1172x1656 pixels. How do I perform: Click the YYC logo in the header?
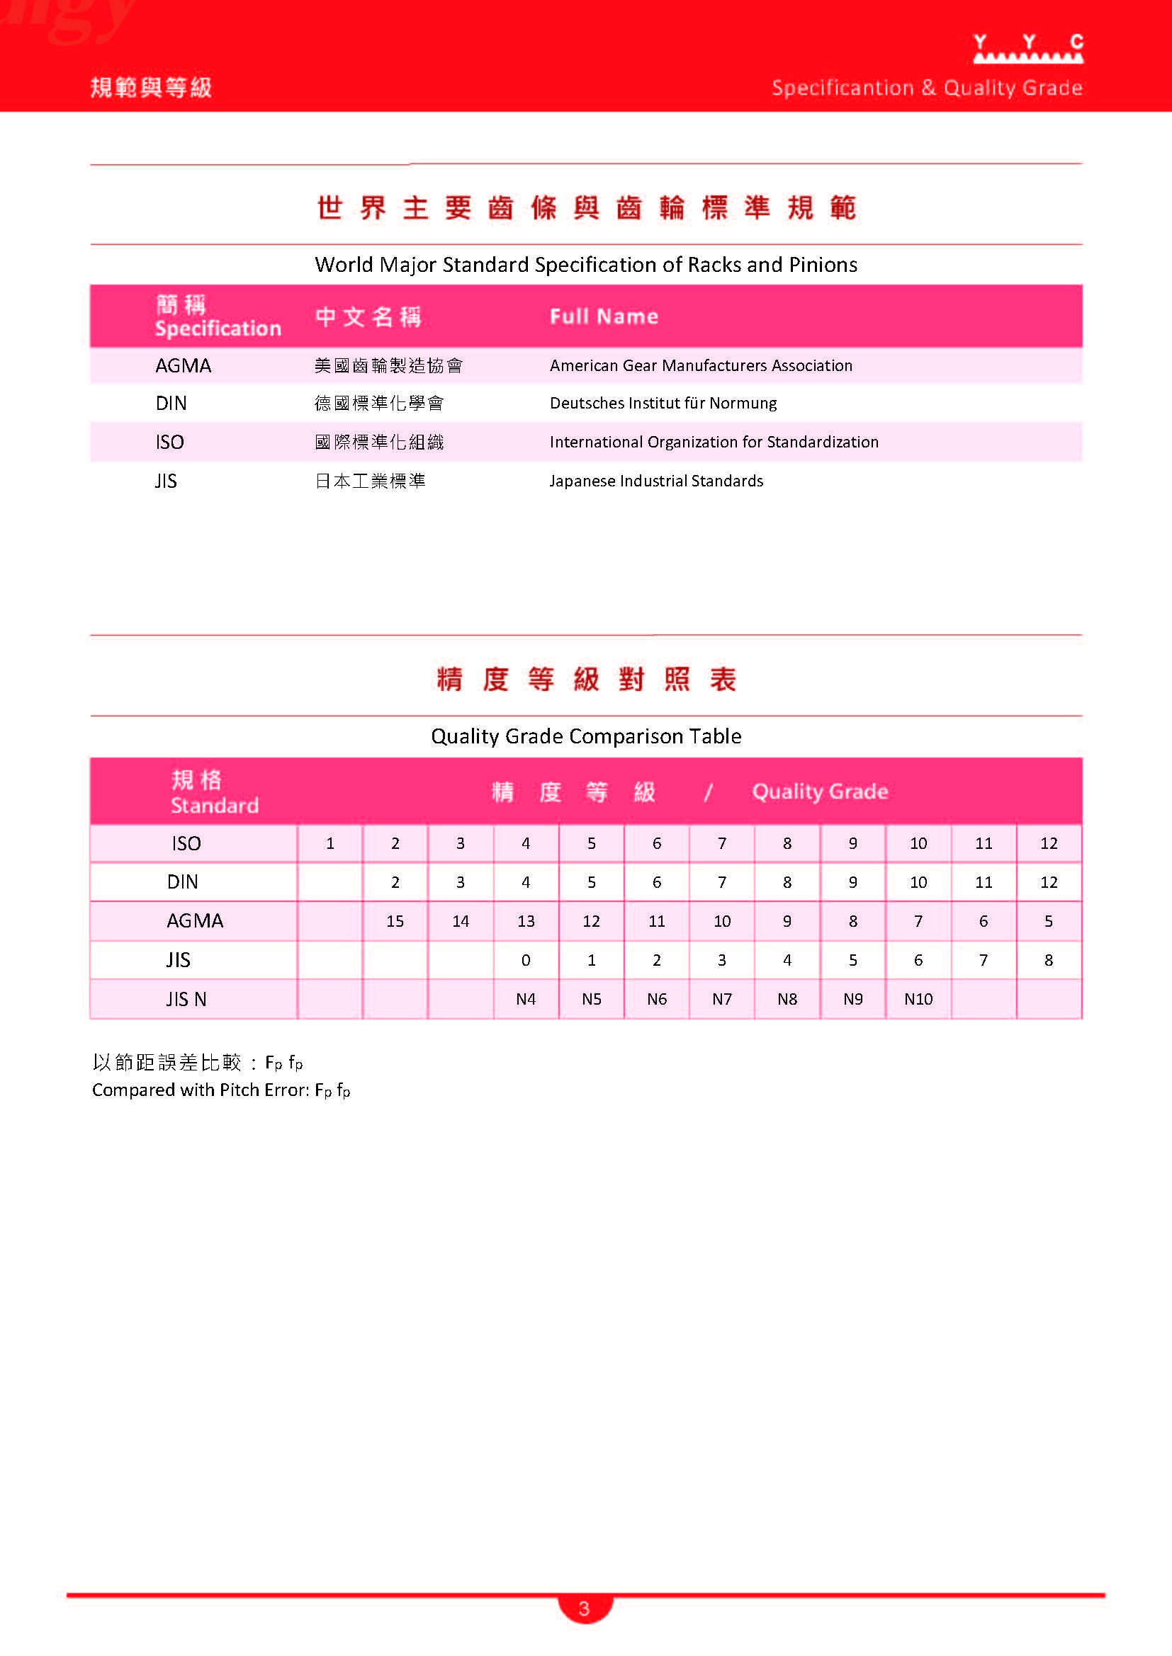pos(1027,48)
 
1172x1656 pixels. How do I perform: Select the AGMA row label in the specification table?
pos(184,365)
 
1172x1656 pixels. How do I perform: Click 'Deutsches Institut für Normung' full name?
pos(663,403)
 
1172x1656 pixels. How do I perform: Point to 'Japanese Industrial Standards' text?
pos(656,481)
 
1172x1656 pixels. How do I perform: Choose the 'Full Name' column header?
pos(603,316)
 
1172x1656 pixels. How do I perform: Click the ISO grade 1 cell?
pos(329,843)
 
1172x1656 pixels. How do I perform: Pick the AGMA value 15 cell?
pos(395,921)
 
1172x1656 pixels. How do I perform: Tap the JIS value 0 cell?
pos(525,960)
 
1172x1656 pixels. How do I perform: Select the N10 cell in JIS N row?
pos(918,999)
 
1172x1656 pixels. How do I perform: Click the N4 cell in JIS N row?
pos(525,999)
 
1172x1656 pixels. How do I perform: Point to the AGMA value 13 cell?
pos(525,921)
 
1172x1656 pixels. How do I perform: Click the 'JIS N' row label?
pos(186,999)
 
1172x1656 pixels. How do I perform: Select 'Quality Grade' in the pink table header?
pos(820,792)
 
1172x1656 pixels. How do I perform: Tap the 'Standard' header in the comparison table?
pos(214,805)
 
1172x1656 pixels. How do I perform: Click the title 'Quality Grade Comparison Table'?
pos(586,736)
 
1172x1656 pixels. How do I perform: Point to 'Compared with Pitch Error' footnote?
pos(221,1090)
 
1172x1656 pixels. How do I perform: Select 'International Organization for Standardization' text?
pos(714,442)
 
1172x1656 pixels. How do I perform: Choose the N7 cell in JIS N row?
pos(721,999)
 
